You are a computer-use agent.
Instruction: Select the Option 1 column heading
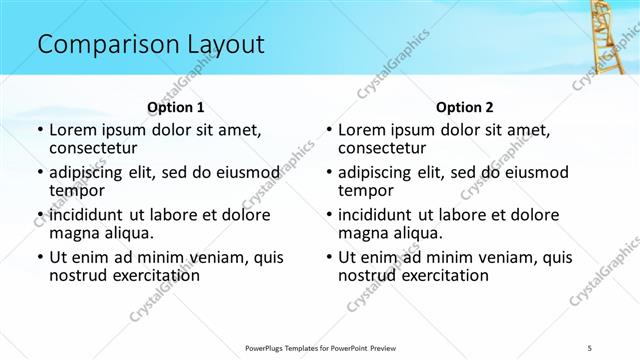[x=176, y=107]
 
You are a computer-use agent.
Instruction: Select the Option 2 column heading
[x=465, y=107]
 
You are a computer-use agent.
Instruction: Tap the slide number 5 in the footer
[x=590, y=346]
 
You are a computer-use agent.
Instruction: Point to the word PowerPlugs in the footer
[x=269, y=346]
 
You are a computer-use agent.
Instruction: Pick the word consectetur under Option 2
[x=383, y=148]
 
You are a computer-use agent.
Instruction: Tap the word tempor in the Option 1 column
[x=75, y=190]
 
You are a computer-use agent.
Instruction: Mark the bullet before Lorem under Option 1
[x=39, y=131]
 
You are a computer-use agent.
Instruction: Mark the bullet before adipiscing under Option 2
[x=328, y=173]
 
